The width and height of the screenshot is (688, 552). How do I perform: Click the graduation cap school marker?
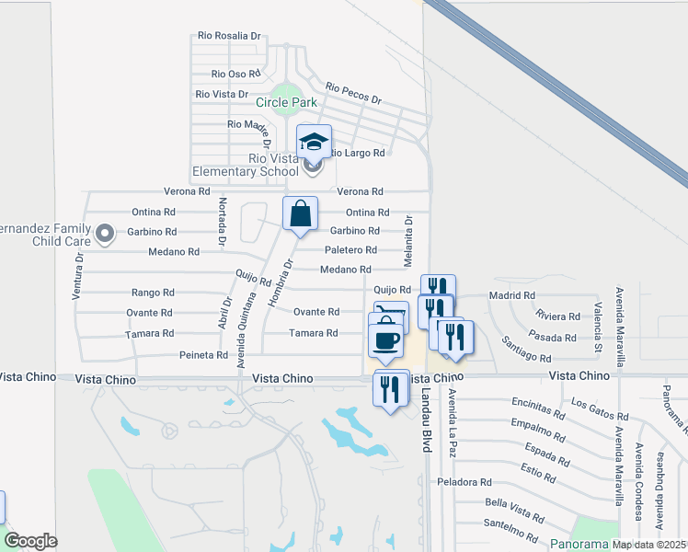tap(314, 142)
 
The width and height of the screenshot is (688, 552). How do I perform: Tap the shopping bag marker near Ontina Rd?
tap(300, 214)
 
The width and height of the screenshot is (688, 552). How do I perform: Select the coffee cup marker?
tap(386, 340)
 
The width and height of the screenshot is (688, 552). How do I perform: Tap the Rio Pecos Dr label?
tap(353, 94)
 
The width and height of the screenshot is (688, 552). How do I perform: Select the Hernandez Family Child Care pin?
tap(105, 233)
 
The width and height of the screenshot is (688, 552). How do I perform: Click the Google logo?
tap(30, 540)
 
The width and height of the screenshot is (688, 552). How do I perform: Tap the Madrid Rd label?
tap(512, 295)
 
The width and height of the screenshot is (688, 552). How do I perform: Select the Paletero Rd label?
tap(350, 250)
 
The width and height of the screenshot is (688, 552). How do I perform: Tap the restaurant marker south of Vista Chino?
tap(392, 389)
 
